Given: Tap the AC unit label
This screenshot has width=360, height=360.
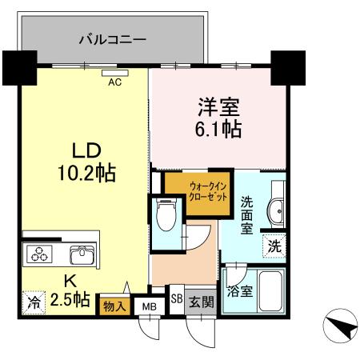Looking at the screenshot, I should click(x=114, y=80).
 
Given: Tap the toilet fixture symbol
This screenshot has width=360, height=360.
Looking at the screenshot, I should click(x=166, y=215).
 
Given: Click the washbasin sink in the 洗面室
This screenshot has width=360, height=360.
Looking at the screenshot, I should click(x=274, y=211).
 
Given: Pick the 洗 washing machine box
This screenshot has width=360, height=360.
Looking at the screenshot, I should click(x=274, y=246).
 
